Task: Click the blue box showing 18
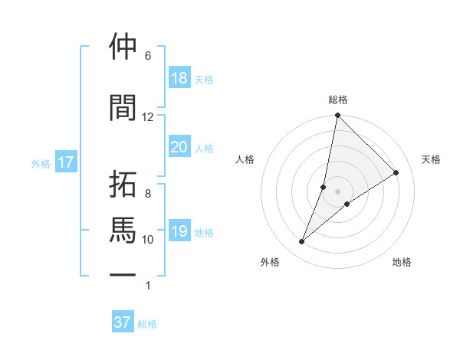(x=179, y=78)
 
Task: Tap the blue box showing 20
(x=179, y=147)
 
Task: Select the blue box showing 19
(x=179, y=231)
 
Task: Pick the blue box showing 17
(x=66, y=162)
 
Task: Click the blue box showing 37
(x=123, y=322)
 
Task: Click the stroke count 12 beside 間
(x=148, y=117)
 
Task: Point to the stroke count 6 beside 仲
(x=148, y=56)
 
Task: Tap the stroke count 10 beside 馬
(x=148, y=240)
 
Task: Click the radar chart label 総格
(x=338, y=100)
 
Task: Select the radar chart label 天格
(x=432, y=159)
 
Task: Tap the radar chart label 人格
(x=245, y=159)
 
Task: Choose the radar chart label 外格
(x=270, y=262)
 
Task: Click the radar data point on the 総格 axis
(x=338, y=116)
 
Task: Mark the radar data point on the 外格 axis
(x=302, y=242)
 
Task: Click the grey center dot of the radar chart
(x=338, y=191)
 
